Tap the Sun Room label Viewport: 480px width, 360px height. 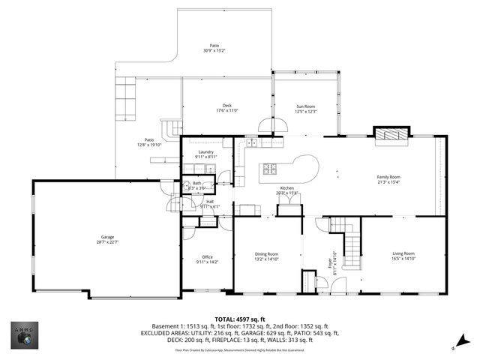click(306, 106)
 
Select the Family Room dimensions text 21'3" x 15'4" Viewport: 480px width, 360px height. click(388, 182)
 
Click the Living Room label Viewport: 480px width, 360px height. click(403, 253)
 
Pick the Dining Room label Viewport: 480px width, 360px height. click(267, 253)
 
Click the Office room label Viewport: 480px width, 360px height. click(207, 257)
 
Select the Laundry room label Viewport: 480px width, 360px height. click(206, 152)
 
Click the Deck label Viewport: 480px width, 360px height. click(227, 105)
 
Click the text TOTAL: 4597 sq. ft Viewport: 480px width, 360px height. click(240, 319)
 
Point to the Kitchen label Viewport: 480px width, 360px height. click(287, 187)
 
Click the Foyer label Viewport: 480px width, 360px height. click(330, 263)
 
